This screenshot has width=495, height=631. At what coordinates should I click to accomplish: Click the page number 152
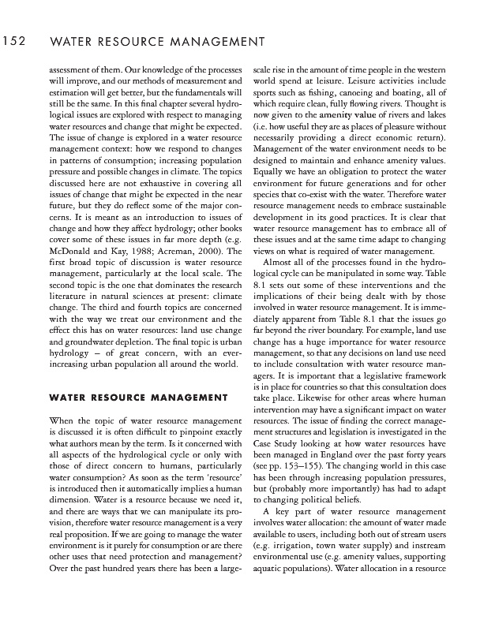point(16,40)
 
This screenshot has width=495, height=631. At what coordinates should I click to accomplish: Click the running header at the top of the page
point(156,40)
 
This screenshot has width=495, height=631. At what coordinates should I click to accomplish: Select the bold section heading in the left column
point(138,395)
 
